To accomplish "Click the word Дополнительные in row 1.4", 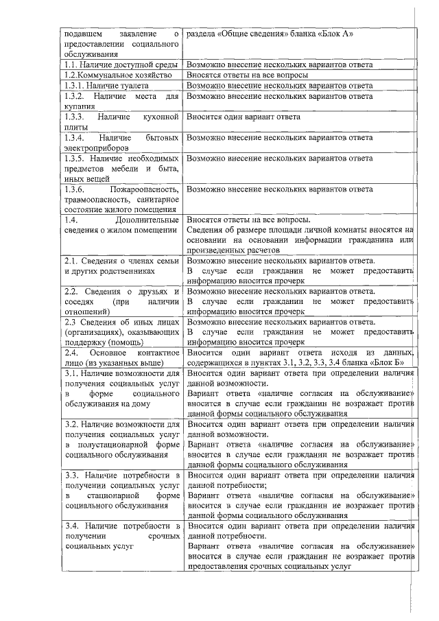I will pyautogui.click(x=147, y=220).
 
